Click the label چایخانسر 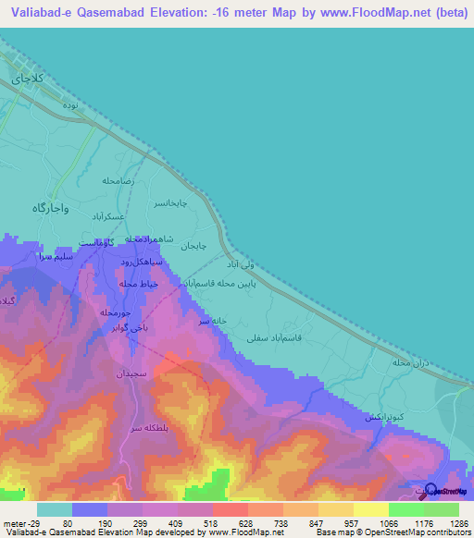[x=169, y=202]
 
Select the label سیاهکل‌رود [x=143, y=263]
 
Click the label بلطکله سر [x=147, y=430]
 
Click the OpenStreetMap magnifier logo [x=430, y=490]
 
